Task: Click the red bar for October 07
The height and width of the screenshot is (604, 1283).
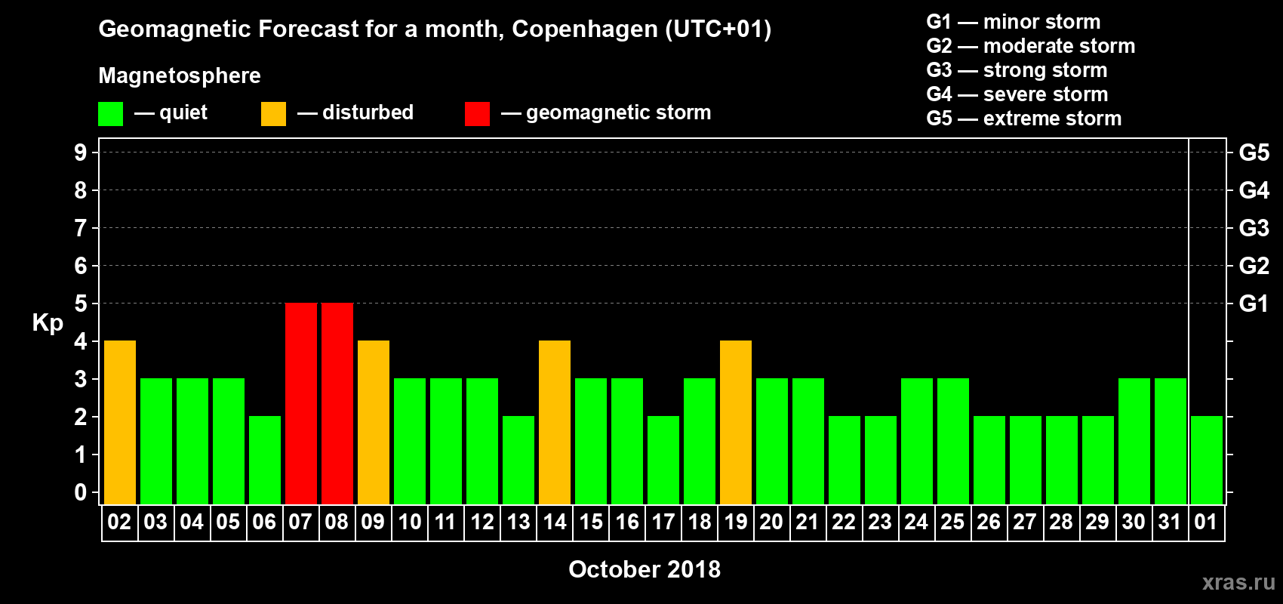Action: point(301,403)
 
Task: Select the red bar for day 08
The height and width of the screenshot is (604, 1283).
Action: point(337,403)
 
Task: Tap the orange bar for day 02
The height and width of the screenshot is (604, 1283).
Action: point(120,422)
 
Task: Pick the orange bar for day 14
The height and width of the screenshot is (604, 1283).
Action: point(555,422)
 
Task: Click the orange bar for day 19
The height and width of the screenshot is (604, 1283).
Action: point(736,422)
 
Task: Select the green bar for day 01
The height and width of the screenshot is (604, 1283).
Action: point(1207,460)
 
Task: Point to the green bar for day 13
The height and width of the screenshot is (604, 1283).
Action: point(518,460)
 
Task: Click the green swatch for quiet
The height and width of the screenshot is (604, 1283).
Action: point(111,114)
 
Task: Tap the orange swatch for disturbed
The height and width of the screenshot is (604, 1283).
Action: point(273,114)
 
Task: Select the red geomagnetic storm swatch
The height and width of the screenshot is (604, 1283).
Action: point(477,114)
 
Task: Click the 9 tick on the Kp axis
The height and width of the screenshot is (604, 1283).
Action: point(81,153)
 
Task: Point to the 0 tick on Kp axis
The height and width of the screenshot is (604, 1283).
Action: point(81,493)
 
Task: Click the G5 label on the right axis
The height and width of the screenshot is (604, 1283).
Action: point(1254,153)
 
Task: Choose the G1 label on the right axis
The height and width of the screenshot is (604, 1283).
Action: point(1254,304)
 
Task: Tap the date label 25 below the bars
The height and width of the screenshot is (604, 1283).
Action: point(952,522)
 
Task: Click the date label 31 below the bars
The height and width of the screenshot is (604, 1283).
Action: point(1170,522)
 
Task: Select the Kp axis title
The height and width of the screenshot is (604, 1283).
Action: point(48,322)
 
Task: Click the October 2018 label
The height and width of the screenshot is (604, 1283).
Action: point(645,569)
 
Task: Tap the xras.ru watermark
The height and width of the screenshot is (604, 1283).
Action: point(1238,581)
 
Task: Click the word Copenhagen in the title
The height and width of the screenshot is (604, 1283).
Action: point(585,29)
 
